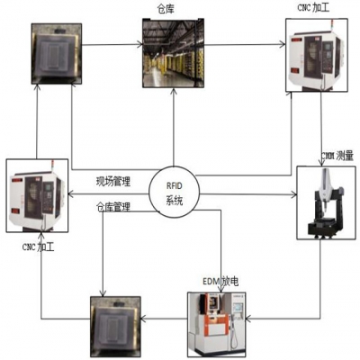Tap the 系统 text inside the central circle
click(174, 201)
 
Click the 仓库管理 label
click(114, 207)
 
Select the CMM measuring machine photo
click(326, 202)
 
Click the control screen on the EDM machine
click(237, 307)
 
